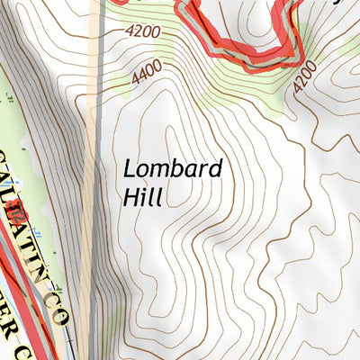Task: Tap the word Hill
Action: [142, 197]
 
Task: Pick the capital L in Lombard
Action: [130, 168]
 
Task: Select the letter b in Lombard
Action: [177, 169]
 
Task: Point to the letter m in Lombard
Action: [158, 171]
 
